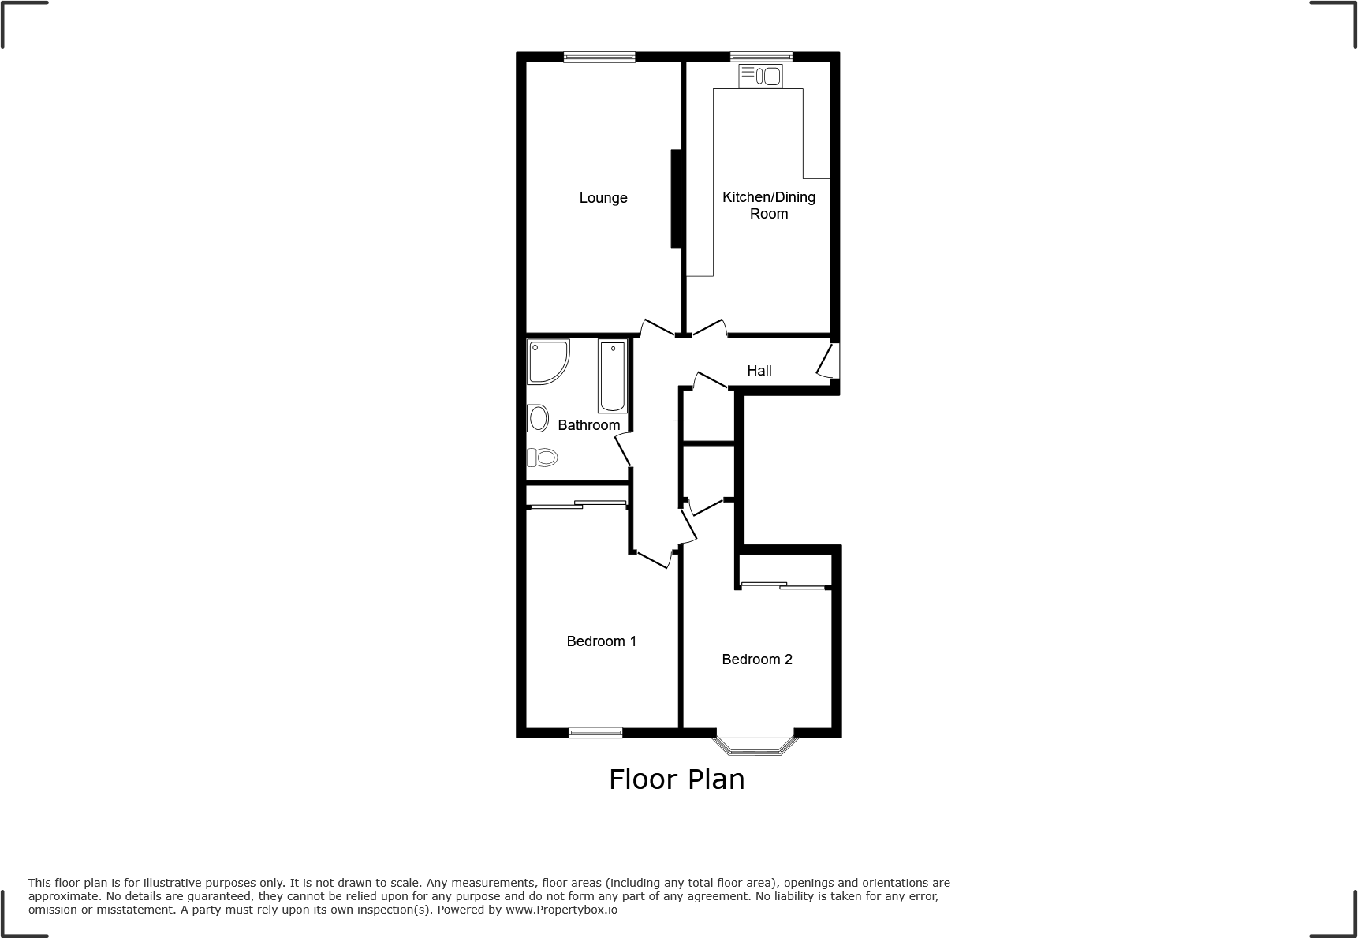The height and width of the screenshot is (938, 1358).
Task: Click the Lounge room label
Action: pos(603,198)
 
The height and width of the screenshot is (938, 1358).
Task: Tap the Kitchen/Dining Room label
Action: pos(769,205)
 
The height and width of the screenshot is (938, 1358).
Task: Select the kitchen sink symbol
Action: pos(761,77)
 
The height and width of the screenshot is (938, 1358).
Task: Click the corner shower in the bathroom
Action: pos(546,361)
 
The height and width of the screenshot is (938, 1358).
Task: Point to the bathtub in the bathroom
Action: pos(613,376)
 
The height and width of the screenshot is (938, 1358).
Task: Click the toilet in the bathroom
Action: pos(543,457)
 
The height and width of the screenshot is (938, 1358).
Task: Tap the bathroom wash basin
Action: pos(539,418)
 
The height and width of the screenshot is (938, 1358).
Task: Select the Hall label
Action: pos(759,371)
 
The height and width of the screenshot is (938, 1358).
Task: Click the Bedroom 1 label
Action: pos(602,641)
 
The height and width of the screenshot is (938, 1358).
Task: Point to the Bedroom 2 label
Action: pos(757,660)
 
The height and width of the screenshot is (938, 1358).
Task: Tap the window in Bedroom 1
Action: pos(595,733)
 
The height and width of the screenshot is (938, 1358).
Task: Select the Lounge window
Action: pos(599,57)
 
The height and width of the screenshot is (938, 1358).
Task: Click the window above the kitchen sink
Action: pos(761,57)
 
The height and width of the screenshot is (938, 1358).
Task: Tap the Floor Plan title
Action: pos(677,779)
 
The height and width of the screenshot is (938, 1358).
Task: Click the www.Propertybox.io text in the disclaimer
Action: pos(561,910)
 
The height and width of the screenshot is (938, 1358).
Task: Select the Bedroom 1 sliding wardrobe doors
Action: pos(576,505)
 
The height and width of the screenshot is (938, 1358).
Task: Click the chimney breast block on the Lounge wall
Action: pos(676,199)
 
